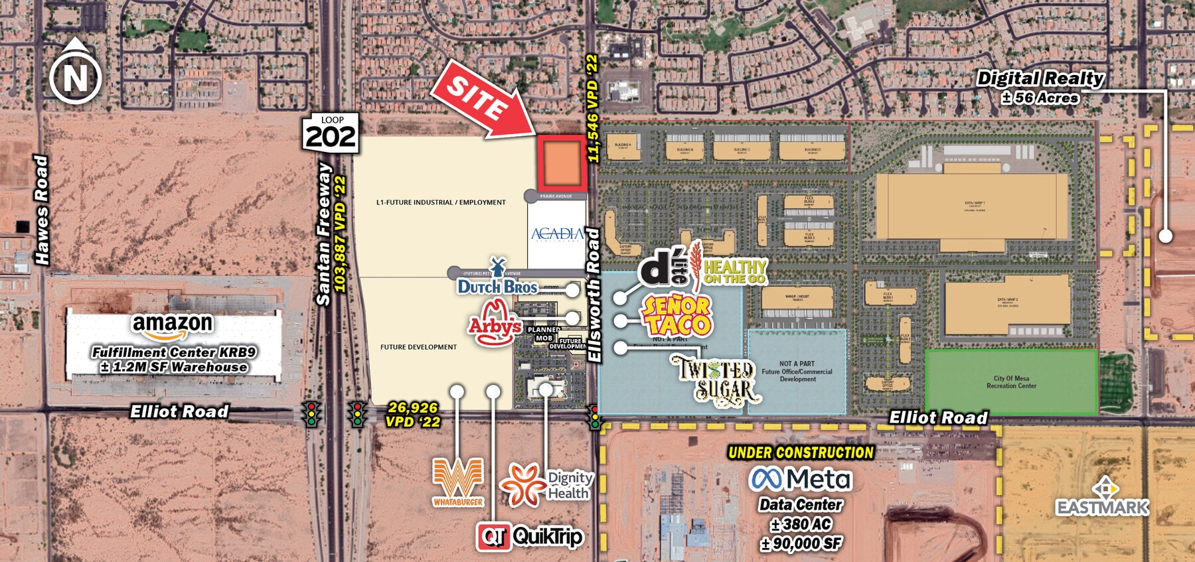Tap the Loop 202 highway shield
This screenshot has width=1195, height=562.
(x=331, y=133)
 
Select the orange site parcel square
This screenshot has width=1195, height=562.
(x=562, y=163)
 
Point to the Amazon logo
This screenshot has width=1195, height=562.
(x=173, y=325)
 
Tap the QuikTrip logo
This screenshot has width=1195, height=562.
(x=530, y=536)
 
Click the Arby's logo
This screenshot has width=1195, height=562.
(x=495, y=323)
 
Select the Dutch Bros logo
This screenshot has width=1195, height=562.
(x=497, y=281)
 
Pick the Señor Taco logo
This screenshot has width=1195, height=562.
(x=676, y=315)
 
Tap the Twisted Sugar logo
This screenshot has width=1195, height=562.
(x=716, y=379)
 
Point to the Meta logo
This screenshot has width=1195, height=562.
(x=800, y=479)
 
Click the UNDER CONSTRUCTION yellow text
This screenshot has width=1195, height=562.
(x=801, y=453)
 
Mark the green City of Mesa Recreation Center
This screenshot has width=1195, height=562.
(x=1010, y=382)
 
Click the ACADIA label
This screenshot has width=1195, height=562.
(x=556, y=234)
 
